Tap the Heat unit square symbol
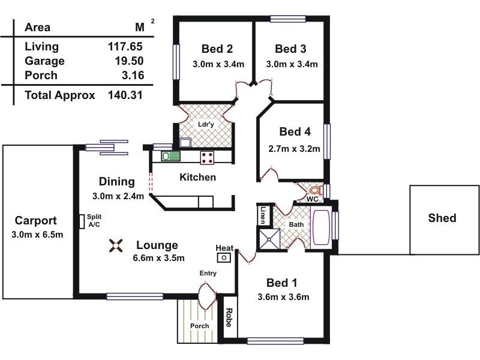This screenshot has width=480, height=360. tap(224, 257)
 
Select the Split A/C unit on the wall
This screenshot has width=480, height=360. tap(81, 221)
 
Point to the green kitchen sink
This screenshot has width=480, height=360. tap(170, 157)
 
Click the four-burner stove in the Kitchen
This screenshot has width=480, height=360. tap(208, 157)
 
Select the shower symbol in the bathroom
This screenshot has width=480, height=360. tap(269, 239)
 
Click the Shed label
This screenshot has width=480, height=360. tap(442, 218)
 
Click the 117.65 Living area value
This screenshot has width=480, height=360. tap(125, 46)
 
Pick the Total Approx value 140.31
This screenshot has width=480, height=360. tap(125, 95)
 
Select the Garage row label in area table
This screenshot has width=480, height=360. tap(44, 61)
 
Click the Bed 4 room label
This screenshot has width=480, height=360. tap(295, 132)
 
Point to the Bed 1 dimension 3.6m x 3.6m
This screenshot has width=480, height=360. tap(282, 296)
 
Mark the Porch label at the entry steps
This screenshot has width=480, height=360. tap(199, 326)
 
